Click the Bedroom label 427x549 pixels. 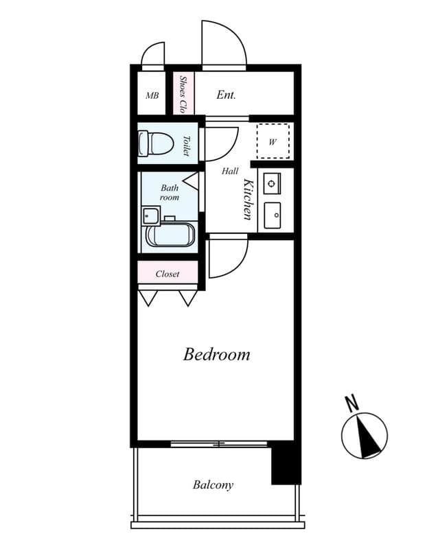click(x=216, y=355)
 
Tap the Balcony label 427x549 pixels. click(x=213, y=485)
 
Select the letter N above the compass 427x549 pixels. click(x=351, y=403)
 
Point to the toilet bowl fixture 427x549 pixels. click(x=155, y=143)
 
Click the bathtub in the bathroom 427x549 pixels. click(x=170, y=235)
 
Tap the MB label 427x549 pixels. click(x=152, y=95)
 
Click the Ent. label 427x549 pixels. click(x=226, y=95)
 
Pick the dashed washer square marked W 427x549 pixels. click(x=273, y=141)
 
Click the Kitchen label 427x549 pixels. click(x=249, y=199)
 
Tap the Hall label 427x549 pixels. click(x=230, y=172)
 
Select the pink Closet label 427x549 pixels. click(x=168, y=274)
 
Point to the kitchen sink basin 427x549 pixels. click(x=273, y=216)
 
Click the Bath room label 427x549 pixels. click(x=170, y=192)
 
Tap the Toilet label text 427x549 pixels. click(x=186, y=145)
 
